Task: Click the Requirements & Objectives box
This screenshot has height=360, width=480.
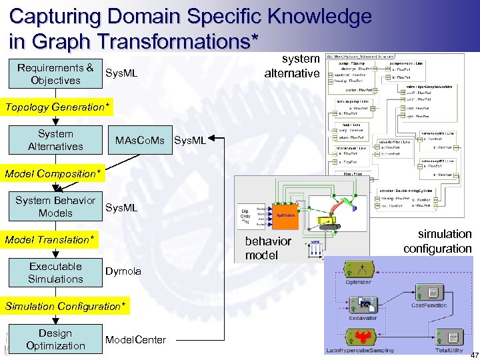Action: (55, 74)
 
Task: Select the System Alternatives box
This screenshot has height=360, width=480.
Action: (55, 140)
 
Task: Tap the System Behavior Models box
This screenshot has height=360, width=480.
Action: (55, 207)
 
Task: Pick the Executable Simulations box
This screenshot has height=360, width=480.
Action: (55, 273)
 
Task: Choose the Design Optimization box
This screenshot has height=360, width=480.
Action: (55, 339)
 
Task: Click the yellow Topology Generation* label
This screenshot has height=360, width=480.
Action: (55, 107)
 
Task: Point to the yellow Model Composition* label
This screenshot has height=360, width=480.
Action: (53, 173)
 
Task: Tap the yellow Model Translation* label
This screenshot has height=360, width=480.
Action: (50, 239)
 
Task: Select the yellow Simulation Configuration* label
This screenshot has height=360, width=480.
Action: (65, 306)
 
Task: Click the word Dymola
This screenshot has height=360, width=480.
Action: (123, 272)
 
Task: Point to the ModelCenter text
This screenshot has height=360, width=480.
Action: (135, 339)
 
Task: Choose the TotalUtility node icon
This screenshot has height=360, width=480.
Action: (449, 337)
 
